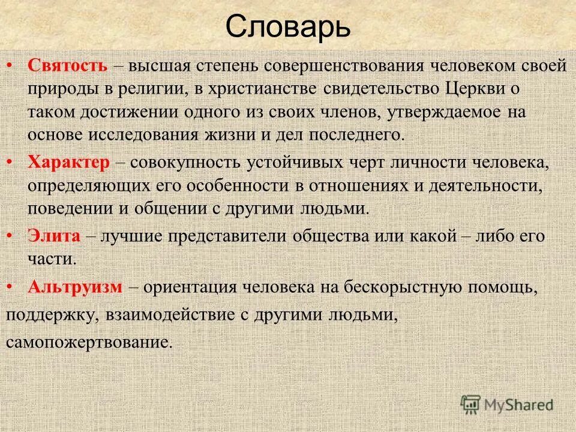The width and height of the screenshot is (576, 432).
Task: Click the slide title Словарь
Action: point(288,27)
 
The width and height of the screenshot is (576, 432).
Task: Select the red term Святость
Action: point(68,66)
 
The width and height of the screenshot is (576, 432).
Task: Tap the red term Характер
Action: point(68,163)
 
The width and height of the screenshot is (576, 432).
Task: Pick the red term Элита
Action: point(53,236)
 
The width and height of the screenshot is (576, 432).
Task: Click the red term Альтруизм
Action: point(76,287)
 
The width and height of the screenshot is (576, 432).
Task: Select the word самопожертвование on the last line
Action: point(89,342)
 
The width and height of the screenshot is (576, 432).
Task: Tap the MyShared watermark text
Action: point(519,405)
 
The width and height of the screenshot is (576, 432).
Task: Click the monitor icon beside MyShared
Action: point(471,405)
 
